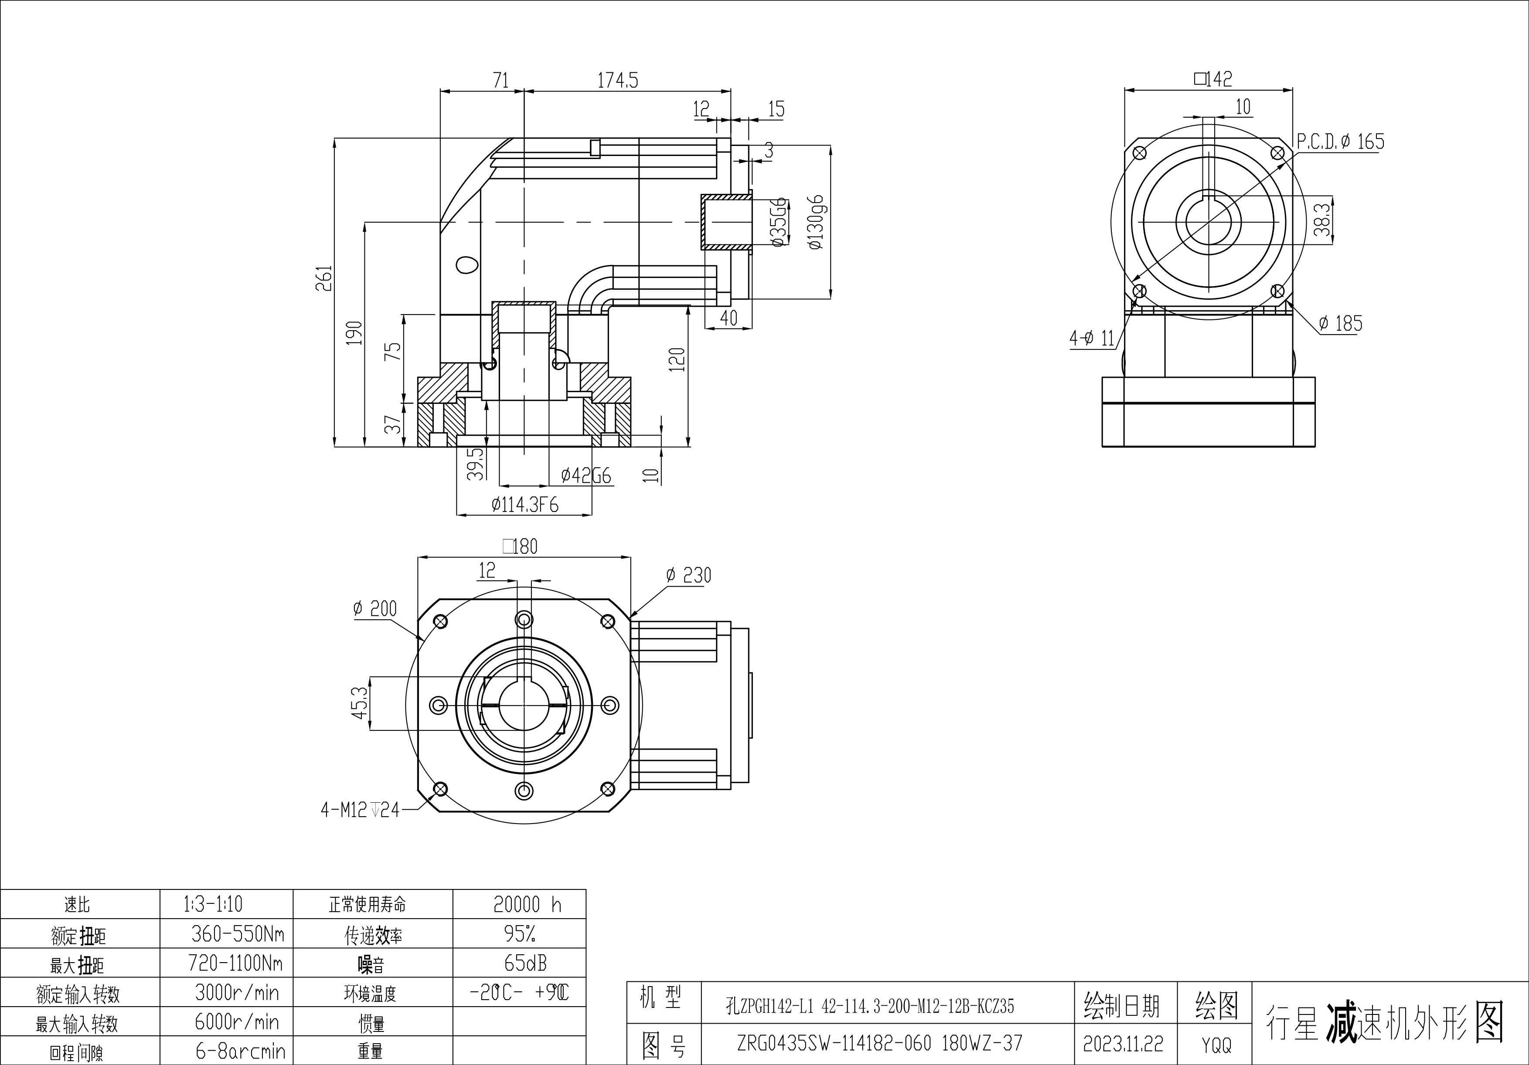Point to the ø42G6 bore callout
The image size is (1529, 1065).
click(x=586, y=475)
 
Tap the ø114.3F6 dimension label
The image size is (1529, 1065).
click(x=525, y=505)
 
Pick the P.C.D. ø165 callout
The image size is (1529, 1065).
click(x=1340, y=141)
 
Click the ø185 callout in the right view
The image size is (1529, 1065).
click(x=1340, y=324)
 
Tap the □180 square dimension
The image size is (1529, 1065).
click(x=520, y=546)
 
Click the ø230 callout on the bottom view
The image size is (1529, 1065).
click(x=688, y=575)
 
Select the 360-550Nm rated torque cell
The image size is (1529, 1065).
click(x=237, y=934)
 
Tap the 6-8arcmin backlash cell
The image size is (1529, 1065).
click(x=240, y=1051)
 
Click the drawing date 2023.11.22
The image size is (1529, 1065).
click(x=1123, y=1044)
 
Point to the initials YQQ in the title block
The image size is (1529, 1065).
click(x=1216, y=1045)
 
